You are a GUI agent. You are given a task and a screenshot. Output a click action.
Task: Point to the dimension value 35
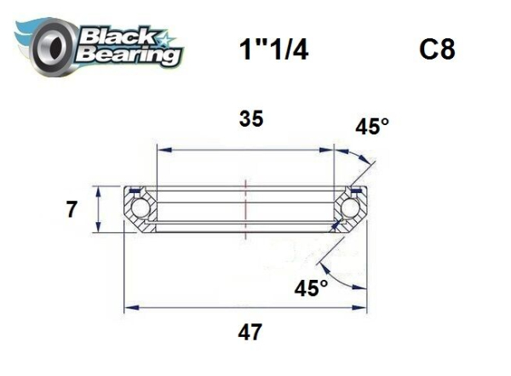coord(250,119)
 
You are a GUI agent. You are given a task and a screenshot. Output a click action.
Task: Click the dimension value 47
coord(250,331)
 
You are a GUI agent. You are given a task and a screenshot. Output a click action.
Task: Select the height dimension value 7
coord(72,208)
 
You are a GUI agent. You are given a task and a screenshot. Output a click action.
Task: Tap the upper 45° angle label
coord(372,127)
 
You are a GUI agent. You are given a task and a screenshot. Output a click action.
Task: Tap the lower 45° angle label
coord(311,288)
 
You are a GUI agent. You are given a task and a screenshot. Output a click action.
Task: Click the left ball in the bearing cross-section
coord(139,208)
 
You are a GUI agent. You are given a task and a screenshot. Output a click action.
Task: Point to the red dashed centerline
coord(247,209)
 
